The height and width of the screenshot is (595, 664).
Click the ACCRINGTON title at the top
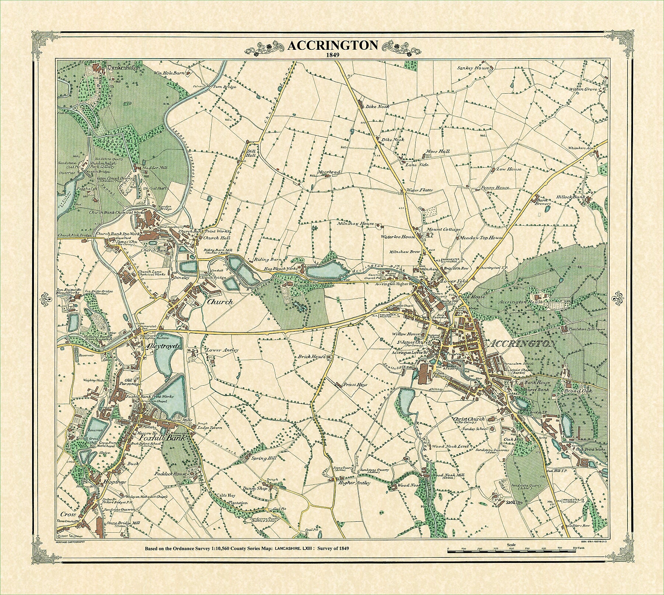tap(332, 45)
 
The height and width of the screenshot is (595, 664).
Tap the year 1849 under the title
tap(332, 55)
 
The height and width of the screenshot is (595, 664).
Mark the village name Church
tap(220, 302)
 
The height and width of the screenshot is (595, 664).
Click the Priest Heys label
tap(356, 384)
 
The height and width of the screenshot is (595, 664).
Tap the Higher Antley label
tap(354, 483)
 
